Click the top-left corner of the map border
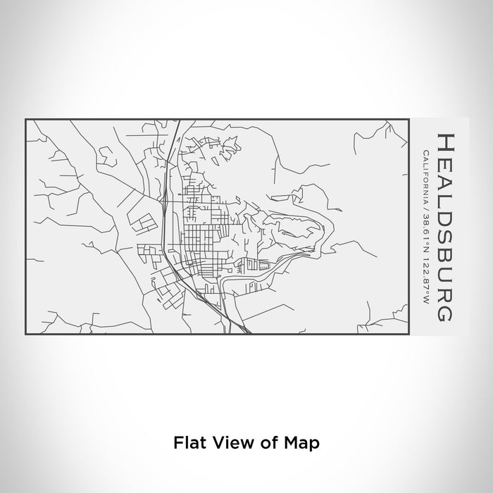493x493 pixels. (25, 119)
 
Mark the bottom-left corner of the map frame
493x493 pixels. (25, 332)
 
